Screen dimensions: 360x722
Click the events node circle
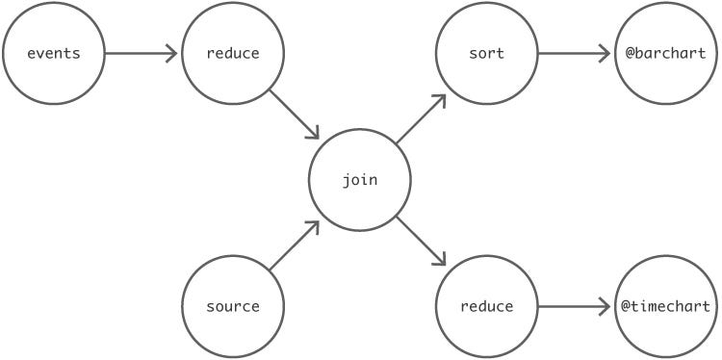click(x=53, y=53)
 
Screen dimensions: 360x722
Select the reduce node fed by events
click(x=232, y=53)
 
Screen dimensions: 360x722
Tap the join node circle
click(x=359, y=180)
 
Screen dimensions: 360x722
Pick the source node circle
click(x=232, y=307)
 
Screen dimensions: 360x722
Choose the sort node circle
click(x=486, y=53)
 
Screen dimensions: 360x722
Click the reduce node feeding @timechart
click(x=486, y=307)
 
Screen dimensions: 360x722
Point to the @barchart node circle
click(x=666, y=53)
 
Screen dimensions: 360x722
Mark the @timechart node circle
click(x=666, y=307)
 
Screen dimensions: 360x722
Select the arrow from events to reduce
click(x=142, y=53)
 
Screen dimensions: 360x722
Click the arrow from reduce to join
click(x=295, y=116)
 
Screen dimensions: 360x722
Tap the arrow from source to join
click(x=295, y=244)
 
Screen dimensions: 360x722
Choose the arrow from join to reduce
click(x=422, y=243)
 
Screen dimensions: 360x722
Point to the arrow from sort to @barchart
click(x=575, y=53)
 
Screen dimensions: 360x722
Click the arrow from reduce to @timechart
click(x=575, y=307)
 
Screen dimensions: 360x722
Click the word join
click(x=359, y=181)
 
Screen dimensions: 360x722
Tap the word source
click(x=232, y=307)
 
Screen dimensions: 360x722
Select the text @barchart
click(x=666, y=53)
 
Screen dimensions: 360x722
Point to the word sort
click(x=486, y=53)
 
